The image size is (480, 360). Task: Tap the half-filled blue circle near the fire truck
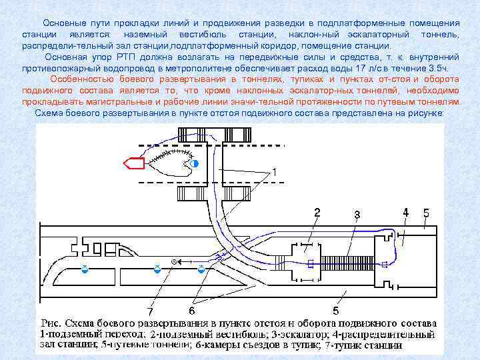194,163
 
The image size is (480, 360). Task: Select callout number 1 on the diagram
273,172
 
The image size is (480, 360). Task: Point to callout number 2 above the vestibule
317,213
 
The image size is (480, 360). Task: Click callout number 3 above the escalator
357,214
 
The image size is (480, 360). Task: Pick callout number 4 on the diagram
405,212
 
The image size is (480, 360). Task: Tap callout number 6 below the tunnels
191,311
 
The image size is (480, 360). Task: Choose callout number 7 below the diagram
151,311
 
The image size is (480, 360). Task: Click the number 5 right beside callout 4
427,213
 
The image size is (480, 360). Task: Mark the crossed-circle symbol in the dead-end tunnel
175,262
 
